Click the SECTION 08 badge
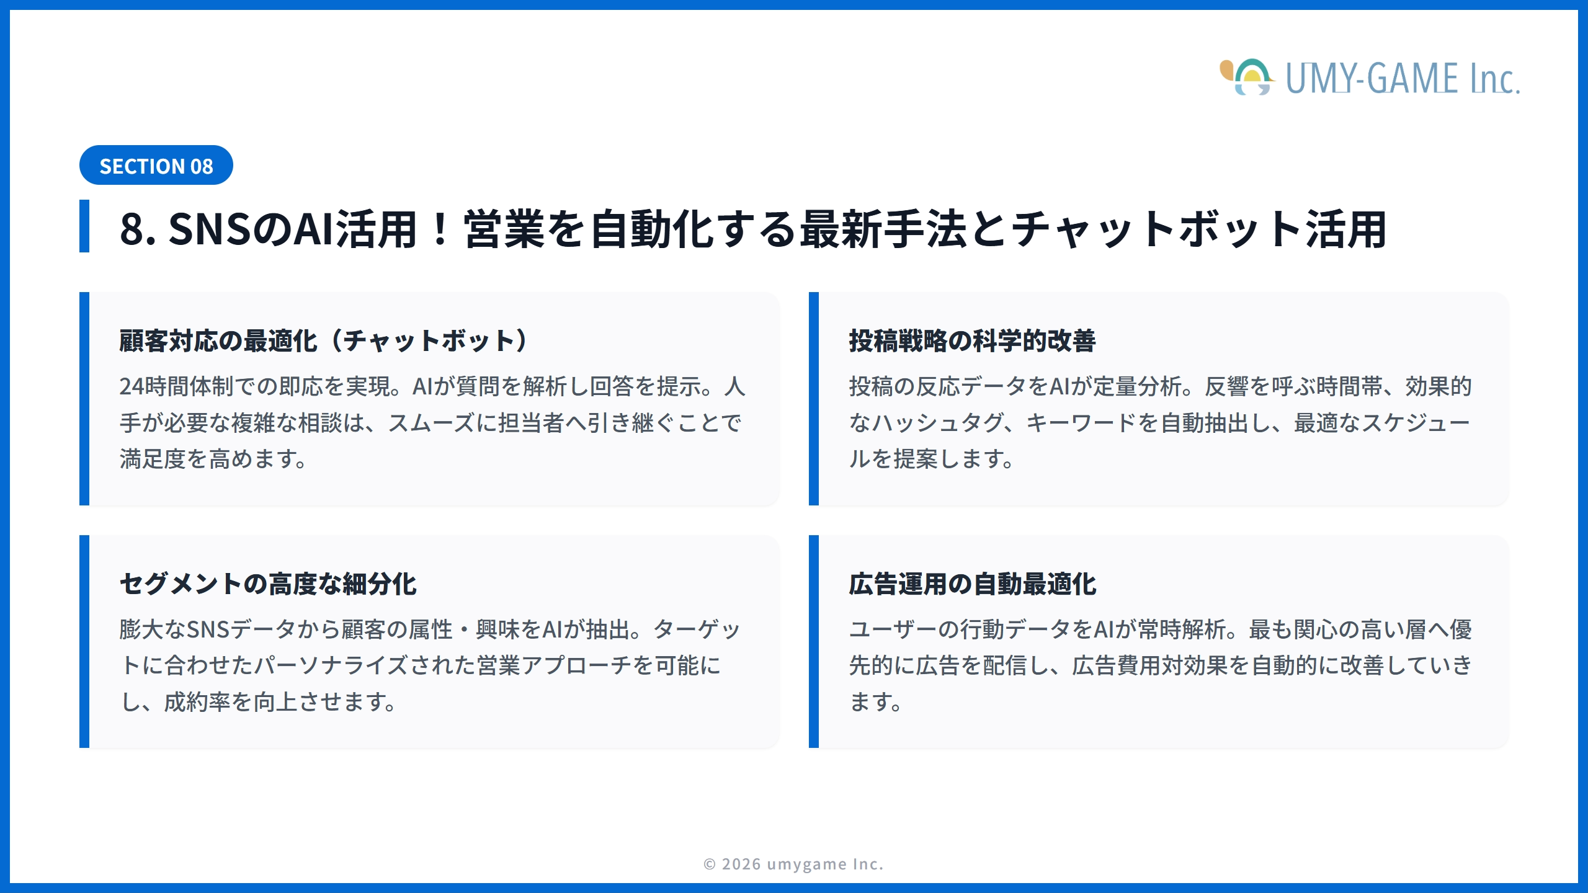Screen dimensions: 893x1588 tap(156, 166)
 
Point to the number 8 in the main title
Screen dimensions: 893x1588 tap(132, 229)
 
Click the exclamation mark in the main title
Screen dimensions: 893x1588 tap(440, 229)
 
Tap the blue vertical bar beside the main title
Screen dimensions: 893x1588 tap(84, 226)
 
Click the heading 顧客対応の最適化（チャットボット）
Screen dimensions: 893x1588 tap(323, 341)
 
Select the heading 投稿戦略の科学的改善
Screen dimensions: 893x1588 tap(972, 341)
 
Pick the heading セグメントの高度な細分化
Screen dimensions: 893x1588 tap(268, 584)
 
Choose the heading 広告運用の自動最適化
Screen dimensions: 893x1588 tap(972, 584)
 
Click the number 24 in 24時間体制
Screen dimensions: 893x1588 tap(132, 386)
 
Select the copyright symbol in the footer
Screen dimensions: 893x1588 tap(710, 864)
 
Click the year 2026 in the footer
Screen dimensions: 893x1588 tap(741, 864)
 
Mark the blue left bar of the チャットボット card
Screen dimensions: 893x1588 tap(84, 399)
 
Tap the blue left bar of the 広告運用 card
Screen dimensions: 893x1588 tap(814, 642)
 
